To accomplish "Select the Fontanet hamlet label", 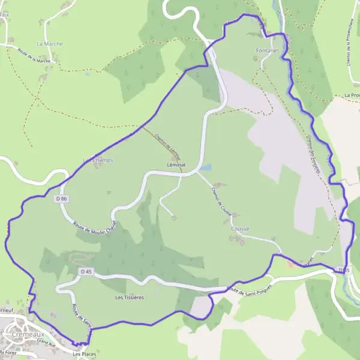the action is pyautogui.click(x=267, y=50).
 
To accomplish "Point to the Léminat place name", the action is pyautogui.click(x=177, y=164).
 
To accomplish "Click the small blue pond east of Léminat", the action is pyautogui.click(x=206, y=167).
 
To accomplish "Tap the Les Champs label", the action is pyautogui.click(x=98, y=160).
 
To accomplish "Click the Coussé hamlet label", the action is pyautogui.click(x=239, y=229).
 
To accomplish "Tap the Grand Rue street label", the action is pyautogui.click(x=45, y=341).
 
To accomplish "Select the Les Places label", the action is pyautogui.click(x=84, y=354).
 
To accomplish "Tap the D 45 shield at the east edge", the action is pyautogui.click(x=343, y=271).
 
